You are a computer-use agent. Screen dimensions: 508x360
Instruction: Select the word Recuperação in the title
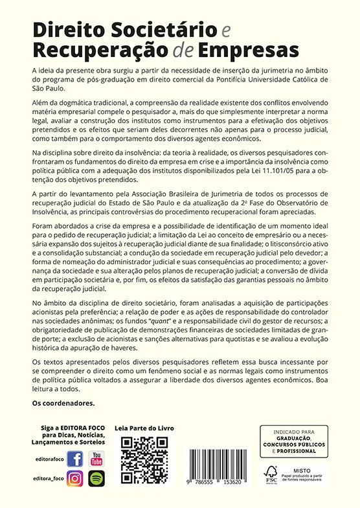pyautogui.click(x=95, y=50)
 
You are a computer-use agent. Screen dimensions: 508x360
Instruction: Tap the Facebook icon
pyautogui.click(x=74, y=459)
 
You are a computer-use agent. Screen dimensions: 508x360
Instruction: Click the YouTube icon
pyautogui.click(x=96, y=459)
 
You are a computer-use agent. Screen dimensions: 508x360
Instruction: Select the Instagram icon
pyautogui.click(x=74, y=479)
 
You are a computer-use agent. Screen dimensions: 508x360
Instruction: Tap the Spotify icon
pyautogui.click(x=96, y=479)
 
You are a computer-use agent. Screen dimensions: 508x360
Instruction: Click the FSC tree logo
pyautogui.click(x=270, y=472)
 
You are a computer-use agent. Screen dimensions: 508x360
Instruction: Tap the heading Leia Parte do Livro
pyautogui.click(x=144, y=429)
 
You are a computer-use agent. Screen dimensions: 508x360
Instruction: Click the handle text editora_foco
pyautogui.click(x=47, y=478)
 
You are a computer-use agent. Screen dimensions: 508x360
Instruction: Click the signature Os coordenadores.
pyautogui.click(x=63, y=403)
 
